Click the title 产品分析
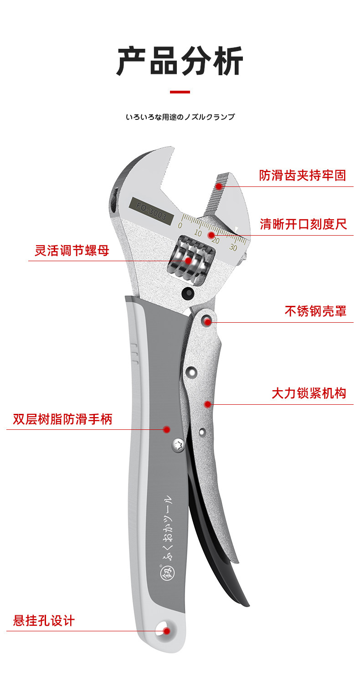pyautogui.click(x=180, y=62)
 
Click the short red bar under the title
pyautogui.click(x=180, y=92)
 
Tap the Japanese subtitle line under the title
pyautogui.click(x=180, y=117)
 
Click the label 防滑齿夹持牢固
pyautogui.click(x=303, y=175)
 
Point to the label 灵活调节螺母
pyautogui.click(x=72, y=250)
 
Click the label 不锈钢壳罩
pyautogui.click(x=315, y=311)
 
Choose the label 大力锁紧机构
pyautogui.click(x=309, y=393)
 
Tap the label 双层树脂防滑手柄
pyautogui.click(x=62, y=419)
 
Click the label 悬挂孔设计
pyautogui.click(x=44, y=621)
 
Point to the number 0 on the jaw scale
pyautogui.click(x=180, y=226)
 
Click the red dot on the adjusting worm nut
pyautogui.click(x=189, y=261)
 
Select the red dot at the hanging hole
pyautogui.click(x=166, y=631)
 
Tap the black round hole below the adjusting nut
pyautogui.click(x=186, y=294)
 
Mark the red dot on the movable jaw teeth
pyautogui.click(x=219, y=186)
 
